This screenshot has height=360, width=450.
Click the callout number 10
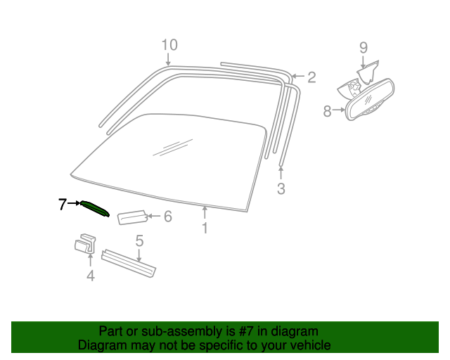click(x=169, y=45)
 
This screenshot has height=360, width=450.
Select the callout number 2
click(x=311, y=77)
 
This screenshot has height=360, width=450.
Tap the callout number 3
click(x=281, y=188)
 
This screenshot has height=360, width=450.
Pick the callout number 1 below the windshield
click(x=205, y=228)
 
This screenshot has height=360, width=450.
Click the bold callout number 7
click(x=63, y=204)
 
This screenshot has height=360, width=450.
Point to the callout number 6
click(x=168, y=216)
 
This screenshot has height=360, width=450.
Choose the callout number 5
click(x=139, y=240)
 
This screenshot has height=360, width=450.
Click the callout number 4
click(x=91, y=276)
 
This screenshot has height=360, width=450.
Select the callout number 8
click(x=327, y=111)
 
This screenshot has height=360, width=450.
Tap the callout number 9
click(x=364, y=48)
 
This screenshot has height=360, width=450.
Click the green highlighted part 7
click(x=95, y=209)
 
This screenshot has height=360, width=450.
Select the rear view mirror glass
click(x=371, y=100)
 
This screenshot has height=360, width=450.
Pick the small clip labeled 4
click(x=85, y=244)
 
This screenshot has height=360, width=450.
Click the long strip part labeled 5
click(x=129, y=263)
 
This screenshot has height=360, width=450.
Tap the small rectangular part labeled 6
click(x=133, y=217)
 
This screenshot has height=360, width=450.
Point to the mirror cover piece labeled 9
click(x=368, y=72)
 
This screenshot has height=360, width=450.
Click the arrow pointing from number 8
click(x=339, y=110)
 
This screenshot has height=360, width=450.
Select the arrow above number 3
click(x=281, y=172)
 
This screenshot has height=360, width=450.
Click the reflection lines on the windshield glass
click(x=173, y=148)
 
